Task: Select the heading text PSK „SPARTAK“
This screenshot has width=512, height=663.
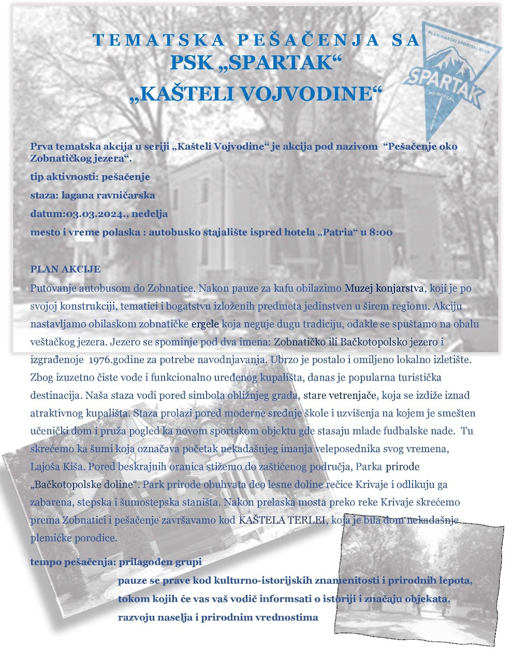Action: [x=256, y=63]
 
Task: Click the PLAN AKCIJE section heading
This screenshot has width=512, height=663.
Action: [x=65, y=269]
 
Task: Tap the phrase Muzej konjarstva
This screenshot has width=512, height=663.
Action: [x=385, y=288]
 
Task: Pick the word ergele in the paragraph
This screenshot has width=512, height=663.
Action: [x=206, y=325]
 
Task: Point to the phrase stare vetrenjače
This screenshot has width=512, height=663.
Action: [x=340, y=396]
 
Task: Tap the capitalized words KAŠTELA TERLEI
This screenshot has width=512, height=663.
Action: [x=283, y=520]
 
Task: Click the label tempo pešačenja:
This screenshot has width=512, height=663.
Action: [x=74, y=562]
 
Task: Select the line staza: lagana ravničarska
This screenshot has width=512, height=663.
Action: [x=93, y=195]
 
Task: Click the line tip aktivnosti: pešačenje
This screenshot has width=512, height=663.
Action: [x=90, y=177]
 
